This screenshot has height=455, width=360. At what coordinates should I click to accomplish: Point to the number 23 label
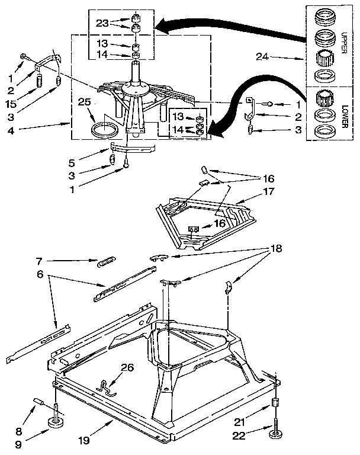[102, 24]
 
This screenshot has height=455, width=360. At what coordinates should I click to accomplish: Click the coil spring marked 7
[107, 259]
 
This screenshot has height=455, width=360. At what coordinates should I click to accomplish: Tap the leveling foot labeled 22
[276, 435]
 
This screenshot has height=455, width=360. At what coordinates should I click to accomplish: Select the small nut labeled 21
[275, 403]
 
